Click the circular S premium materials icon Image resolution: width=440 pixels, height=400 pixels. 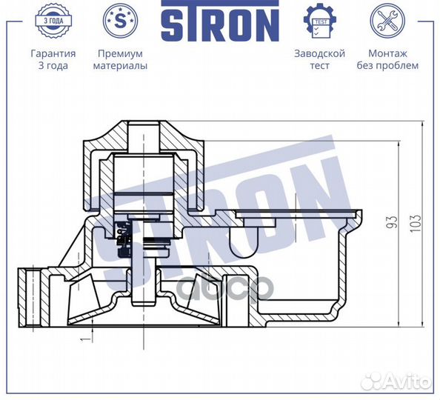pos(120,21)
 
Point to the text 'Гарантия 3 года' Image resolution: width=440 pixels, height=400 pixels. pos(53,59)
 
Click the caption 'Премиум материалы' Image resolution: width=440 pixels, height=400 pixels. pos(120,59)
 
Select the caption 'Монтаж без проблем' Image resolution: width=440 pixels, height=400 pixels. pos(393,59)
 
